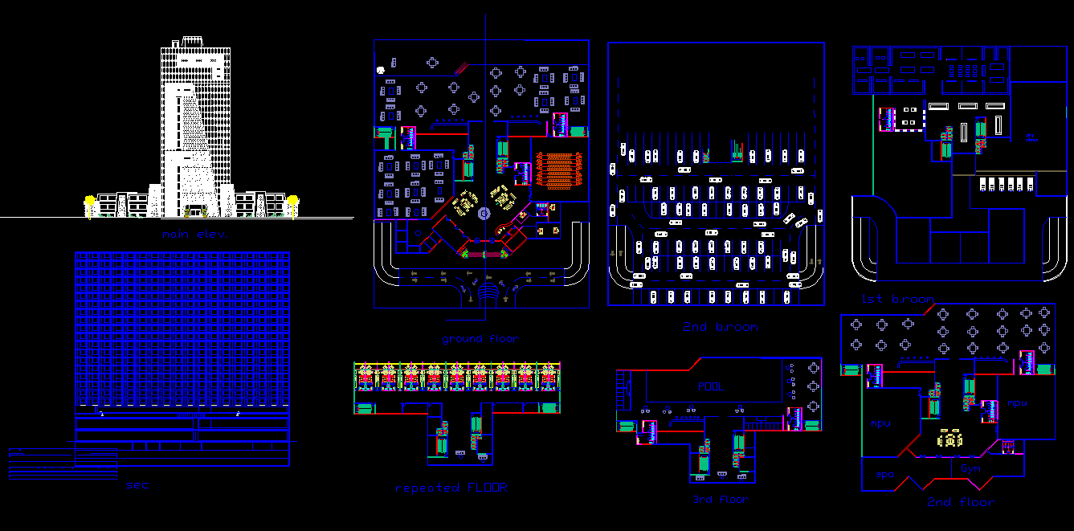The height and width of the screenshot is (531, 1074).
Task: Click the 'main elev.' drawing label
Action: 193,235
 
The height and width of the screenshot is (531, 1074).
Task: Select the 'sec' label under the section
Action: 137,485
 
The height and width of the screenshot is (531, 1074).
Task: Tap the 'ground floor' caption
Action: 480,339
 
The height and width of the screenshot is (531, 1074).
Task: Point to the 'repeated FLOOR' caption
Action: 451,488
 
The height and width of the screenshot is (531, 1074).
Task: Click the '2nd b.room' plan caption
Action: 720,327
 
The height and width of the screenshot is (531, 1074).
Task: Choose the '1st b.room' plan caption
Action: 897,299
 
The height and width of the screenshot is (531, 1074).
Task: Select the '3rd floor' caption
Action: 721,500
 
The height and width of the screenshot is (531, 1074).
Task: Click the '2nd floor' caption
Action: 959,502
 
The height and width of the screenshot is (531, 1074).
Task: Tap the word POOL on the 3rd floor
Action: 710,386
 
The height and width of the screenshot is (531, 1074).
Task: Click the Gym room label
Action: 970,468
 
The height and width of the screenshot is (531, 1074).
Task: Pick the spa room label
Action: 884,474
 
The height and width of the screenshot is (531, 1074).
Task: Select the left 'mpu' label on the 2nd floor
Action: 881,423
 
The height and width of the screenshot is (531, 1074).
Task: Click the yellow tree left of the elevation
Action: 90,201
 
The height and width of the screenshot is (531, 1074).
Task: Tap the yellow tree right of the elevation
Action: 292,201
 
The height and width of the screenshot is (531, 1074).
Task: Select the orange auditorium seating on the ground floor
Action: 558,169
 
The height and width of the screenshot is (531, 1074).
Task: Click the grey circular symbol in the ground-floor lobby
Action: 484,213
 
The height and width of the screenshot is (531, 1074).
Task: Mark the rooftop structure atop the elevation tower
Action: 193,40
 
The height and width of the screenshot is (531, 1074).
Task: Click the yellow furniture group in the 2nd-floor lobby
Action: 951,439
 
